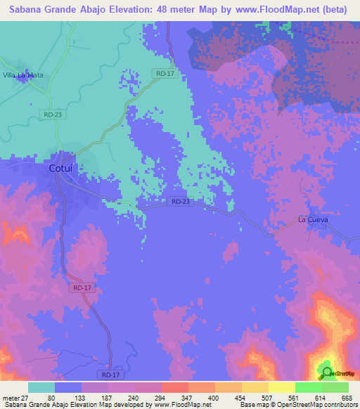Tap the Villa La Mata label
point(24,74)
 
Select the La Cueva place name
point(313,219)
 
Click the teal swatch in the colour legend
point(41,387)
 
